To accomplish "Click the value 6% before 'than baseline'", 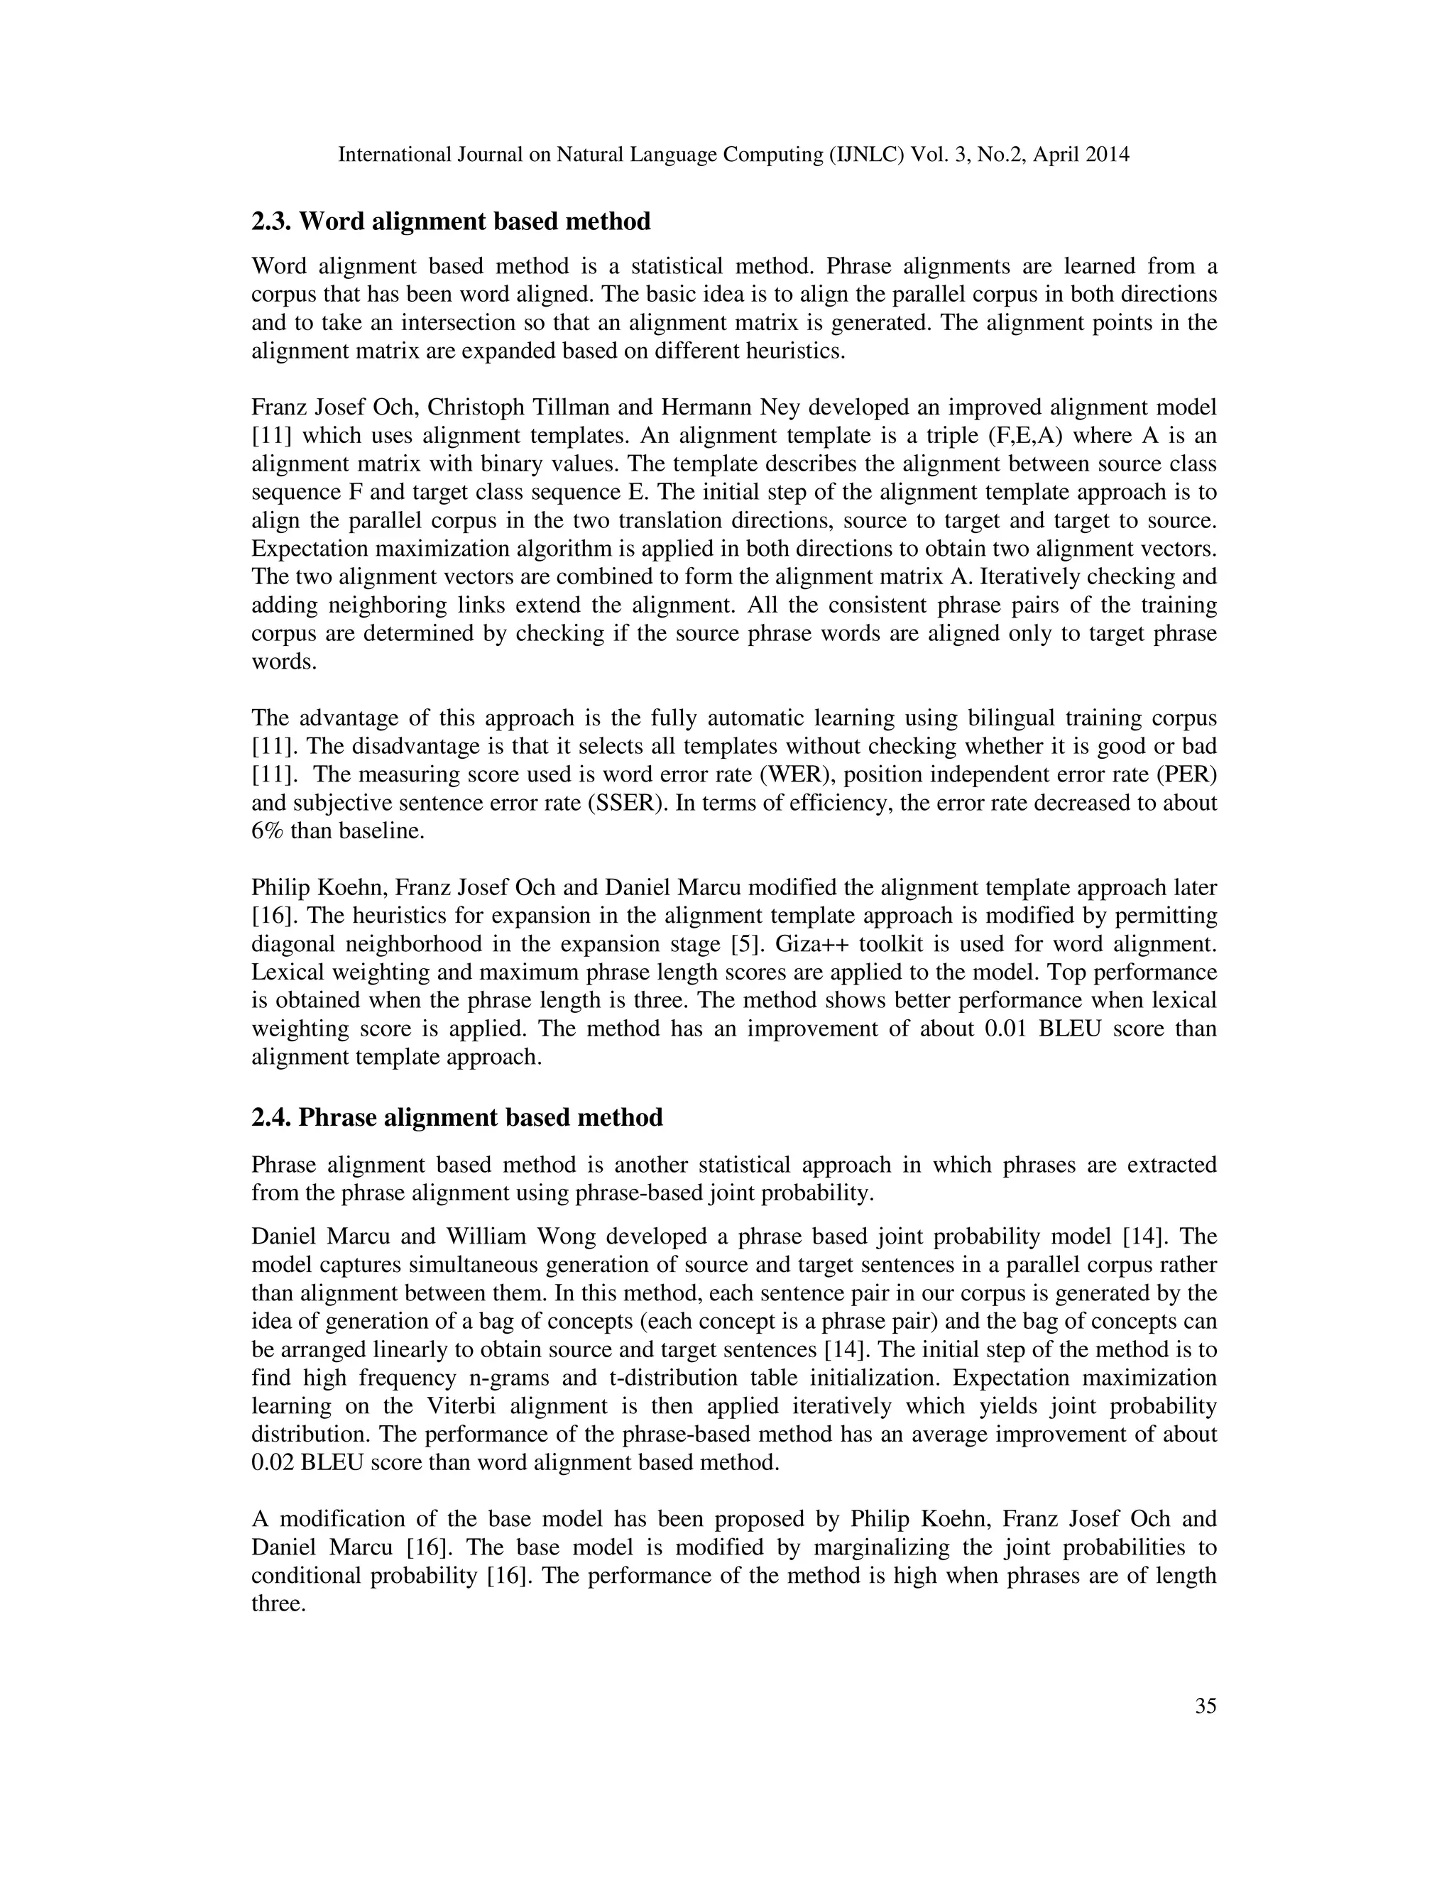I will point(267,831).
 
